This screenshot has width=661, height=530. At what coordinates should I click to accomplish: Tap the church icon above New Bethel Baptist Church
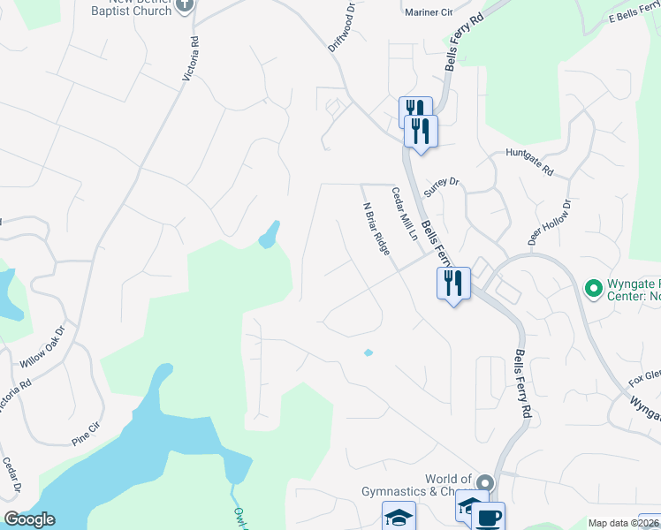click(x=185, y=4)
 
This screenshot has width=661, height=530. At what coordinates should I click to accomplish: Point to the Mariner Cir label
click(x=428, y=13)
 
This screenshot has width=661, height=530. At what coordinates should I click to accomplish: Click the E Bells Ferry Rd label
click(x=634, y=19)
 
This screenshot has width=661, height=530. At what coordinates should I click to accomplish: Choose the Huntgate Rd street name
click(x=529, y=162)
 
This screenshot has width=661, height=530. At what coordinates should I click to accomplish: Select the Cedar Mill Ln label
click(x=404, y=214)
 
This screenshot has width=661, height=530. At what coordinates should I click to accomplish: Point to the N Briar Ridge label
click(x=376, y=229)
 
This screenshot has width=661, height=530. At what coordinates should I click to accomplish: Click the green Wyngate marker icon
click(x=594, y=288)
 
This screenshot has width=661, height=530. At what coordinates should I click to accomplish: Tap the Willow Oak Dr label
click(x=43, y=347)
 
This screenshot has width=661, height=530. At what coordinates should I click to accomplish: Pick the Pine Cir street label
click(x=93, y=436)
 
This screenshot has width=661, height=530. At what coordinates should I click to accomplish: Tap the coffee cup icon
click(x=489, y=516)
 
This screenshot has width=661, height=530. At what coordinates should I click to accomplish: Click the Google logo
click(x=29, y=519)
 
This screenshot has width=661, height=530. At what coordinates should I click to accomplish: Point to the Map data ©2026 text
click(x=623, y=523)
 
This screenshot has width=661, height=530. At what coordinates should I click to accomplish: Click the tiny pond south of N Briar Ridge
click(x=368, y=353)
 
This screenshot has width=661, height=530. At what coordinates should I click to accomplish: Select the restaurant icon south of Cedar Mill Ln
click(x=453, y=284)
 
